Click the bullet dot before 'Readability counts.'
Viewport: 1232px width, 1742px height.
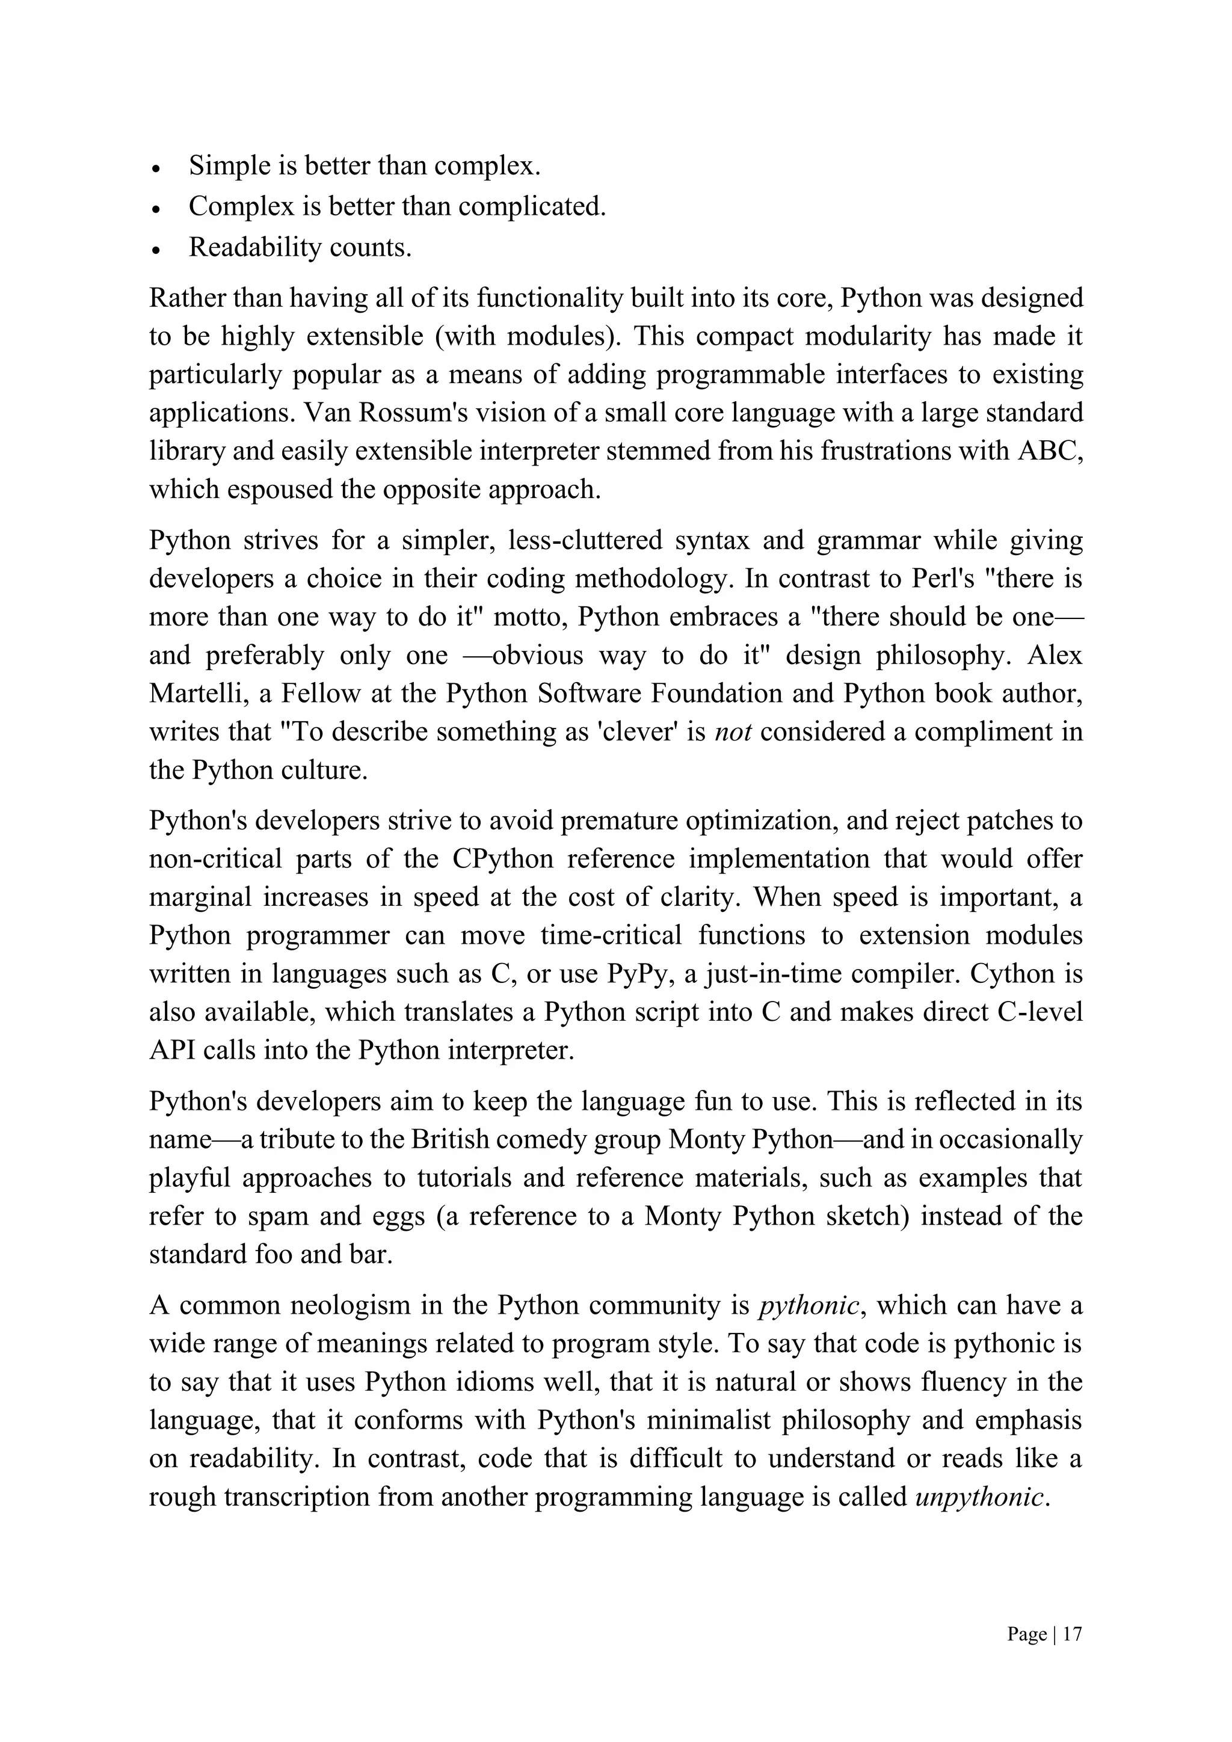[x=156, y=250]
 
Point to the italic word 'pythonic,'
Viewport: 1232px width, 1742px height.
[x=810, y=1305]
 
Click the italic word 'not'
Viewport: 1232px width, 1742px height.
[x=733, y=731]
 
